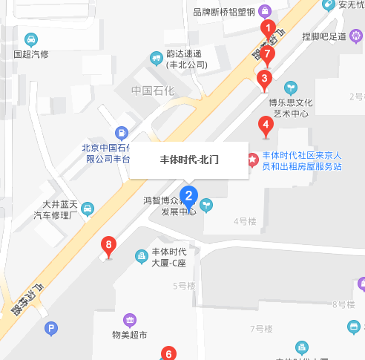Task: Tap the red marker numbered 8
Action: click(x=109, y=245)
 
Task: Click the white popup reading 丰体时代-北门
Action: click(x=189, y=160)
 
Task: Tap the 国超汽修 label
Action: click(x=31, y=54)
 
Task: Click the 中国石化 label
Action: click(x=152, y=91)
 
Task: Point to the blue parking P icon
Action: click(x=51, y=328)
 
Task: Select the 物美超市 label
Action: click(x=130, y=335)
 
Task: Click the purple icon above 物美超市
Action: click(x=130, y=320)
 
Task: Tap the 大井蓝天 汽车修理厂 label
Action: click(x=59, y=210)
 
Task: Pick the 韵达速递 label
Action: click(x=186, y=59)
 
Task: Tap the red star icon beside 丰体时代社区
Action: click(x=252, y=159)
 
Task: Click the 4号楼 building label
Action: click(x=244, y=221)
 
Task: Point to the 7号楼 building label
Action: click(x=262, y=328)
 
